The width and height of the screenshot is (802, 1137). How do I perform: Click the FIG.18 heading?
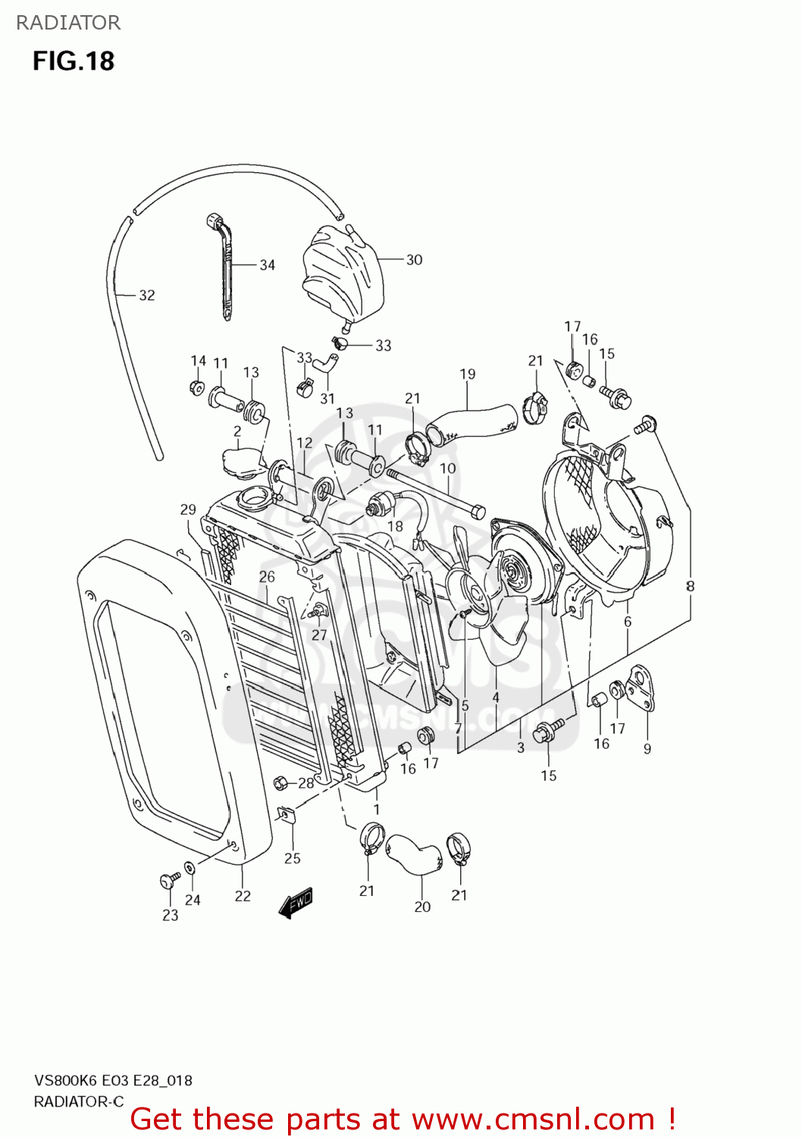[x=73, y=61]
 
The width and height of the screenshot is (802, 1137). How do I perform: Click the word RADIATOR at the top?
[x=68, y=23]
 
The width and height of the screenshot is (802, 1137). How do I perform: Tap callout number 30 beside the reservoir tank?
[x=414, y=260]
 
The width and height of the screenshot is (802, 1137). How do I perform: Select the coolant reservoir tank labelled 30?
[x=343, y=272]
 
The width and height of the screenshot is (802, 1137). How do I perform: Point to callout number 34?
[x=267, y=265]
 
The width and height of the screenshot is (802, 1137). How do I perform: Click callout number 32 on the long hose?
[x=146, y=296]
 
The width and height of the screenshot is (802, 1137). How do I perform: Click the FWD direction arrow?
[x=296, y=903]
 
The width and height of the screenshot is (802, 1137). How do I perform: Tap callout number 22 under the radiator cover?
[x=243, y=896]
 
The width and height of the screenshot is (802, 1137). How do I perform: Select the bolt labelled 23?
[x=168, y=880]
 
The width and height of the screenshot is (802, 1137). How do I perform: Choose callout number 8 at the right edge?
[x=690, y=586]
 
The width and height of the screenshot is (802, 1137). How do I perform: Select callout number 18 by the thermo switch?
[x=395, y=526]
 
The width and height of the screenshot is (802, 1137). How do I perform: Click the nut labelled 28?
[x=280, y=782]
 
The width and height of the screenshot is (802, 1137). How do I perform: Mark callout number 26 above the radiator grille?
[x=267, y=577]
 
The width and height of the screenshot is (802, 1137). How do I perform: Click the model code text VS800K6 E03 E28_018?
[x=113, y=1081]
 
